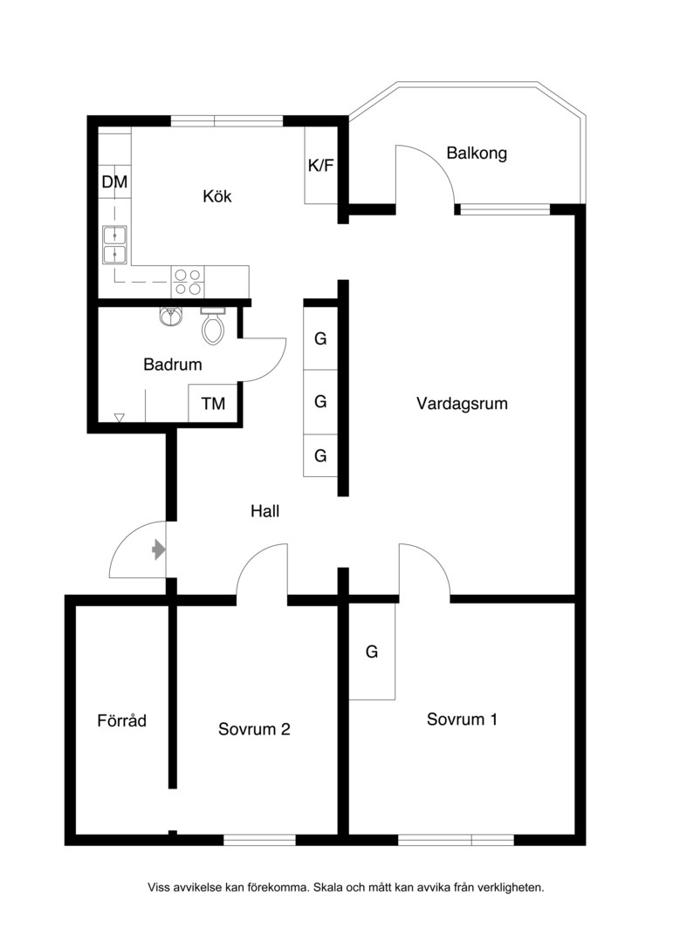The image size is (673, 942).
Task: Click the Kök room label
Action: coord(217,196)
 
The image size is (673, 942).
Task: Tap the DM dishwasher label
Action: coord(114,181)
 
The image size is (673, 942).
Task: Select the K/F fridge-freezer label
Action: coord(320,166)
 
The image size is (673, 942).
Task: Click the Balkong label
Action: coord(477,154)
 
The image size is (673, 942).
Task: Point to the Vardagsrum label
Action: coord(462,403)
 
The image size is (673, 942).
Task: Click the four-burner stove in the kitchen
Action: coord(188,282)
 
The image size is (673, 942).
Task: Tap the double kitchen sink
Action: coord(115,245)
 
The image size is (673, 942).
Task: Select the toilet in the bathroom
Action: coord(212,325)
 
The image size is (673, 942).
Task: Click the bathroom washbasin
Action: coord(171,316)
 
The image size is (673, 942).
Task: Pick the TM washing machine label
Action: coord(214,404)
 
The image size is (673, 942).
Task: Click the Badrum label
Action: coord(173,364)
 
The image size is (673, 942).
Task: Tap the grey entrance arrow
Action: coord(159,549)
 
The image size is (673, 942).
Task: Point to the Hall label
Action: coord(265,511)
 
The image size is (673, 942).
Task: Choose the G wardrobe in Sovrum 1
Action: coord(372,652)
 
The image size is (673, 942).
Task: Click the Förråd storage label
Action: coord(121,720)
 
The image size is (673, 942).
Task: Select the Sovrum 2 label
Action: coord(254,728)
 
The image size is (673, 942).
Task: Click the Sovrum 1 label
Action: coord(462,719)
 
